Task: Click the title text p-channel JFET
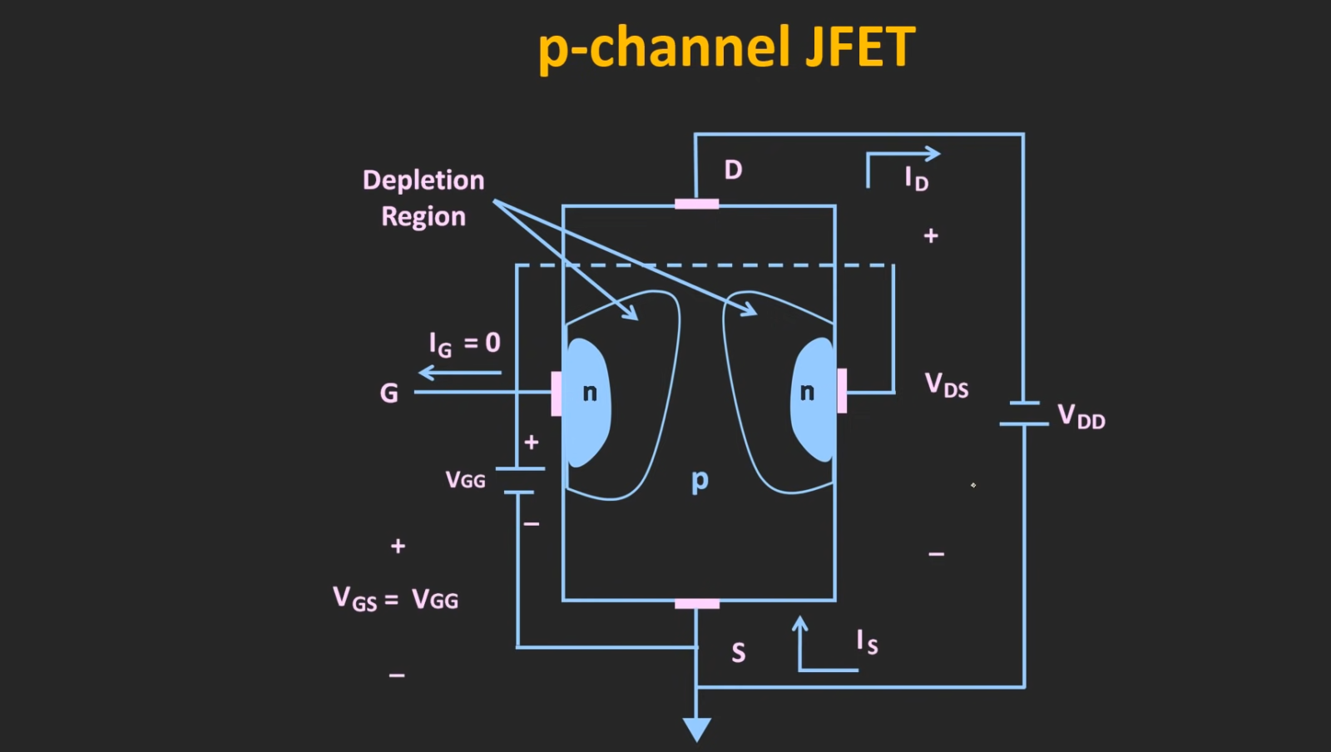point(726,47)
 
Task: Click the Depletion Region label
point(423,198)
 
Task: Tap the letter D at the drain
point(733,171)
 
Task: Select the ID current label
point(916,178)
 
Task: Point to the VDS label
point(947,385)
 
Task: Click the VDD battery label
point(1081,416)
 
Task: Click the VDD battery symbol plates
point(1023,413)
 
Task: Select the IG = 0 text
point(464,343)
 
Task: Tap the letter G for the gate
point(388,393)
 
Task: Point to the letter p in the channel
point(700,480)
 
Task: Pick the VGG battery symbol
point(522,480)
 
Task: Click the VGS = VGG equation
point(395,599)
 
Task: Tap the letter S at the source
point(738,653)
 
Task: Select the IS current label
point(867,641)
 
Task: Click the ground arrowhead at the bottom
point(696,729)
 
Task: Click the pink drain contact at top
point(696,204)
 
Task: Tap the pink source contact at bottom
point(696,603)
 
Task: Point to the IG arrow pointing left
point(459,373)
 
